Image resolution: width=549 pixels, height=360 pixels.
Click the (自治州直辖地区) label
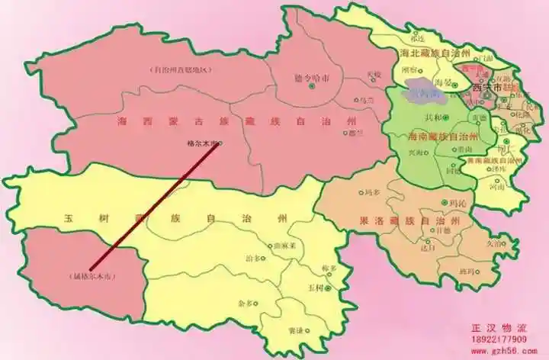coord(181,69)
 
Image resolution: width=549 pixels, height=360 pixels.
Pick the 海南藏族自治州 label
coord(432,137)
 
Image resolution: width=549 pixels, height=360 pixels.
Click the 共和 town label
coord(432,117)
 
